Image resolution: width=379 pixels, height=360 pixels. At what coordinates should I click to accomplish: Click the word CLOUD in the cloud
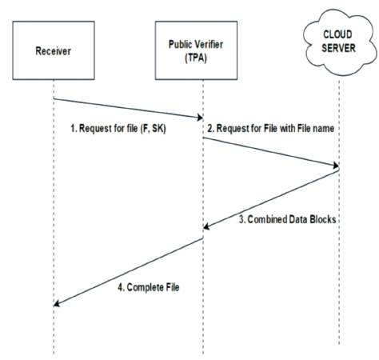coord(337,34)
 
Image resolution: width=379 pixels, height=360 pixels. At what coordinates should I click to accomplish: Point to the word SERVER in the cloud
coord(338,48)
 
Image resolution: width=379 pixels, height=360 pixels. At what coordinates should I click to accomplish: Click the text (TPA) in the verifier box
coord(196,58)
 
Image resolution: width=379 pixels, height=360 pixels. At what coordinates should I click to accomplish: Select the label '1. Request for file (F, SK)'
coord(118,129)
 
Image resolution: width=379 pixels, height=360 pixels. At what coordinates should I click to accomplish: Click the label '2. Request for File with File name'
coord(271,128)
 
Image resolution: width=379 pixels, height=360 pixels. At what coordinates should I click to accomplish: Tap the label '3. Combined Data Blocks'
coord(287,219)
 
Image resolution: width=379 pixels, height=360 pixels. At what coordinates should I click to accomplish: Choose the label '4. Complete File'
coord(149,287)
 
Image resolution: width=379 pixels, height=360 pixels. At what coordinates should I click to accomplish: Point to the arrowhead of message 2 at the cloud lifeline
coord(336,165)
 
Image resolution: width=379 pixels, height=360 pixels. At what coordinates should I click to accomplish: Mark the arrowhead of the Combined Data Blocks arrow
coord(206,226)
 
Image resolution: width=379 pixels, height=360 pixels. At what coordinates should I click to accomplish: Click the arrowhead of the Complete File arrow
coord(57,303)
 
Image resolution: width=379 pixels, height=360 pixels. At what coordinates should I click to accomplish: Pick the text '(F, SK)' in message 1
coord(153,129)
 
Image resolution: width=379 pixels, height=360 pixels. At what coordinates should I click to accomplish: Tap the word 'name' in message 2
coord(324,129)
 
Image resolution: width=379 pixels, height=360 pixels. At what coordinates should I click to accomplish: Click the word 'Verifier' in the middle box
coord(209,44)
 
